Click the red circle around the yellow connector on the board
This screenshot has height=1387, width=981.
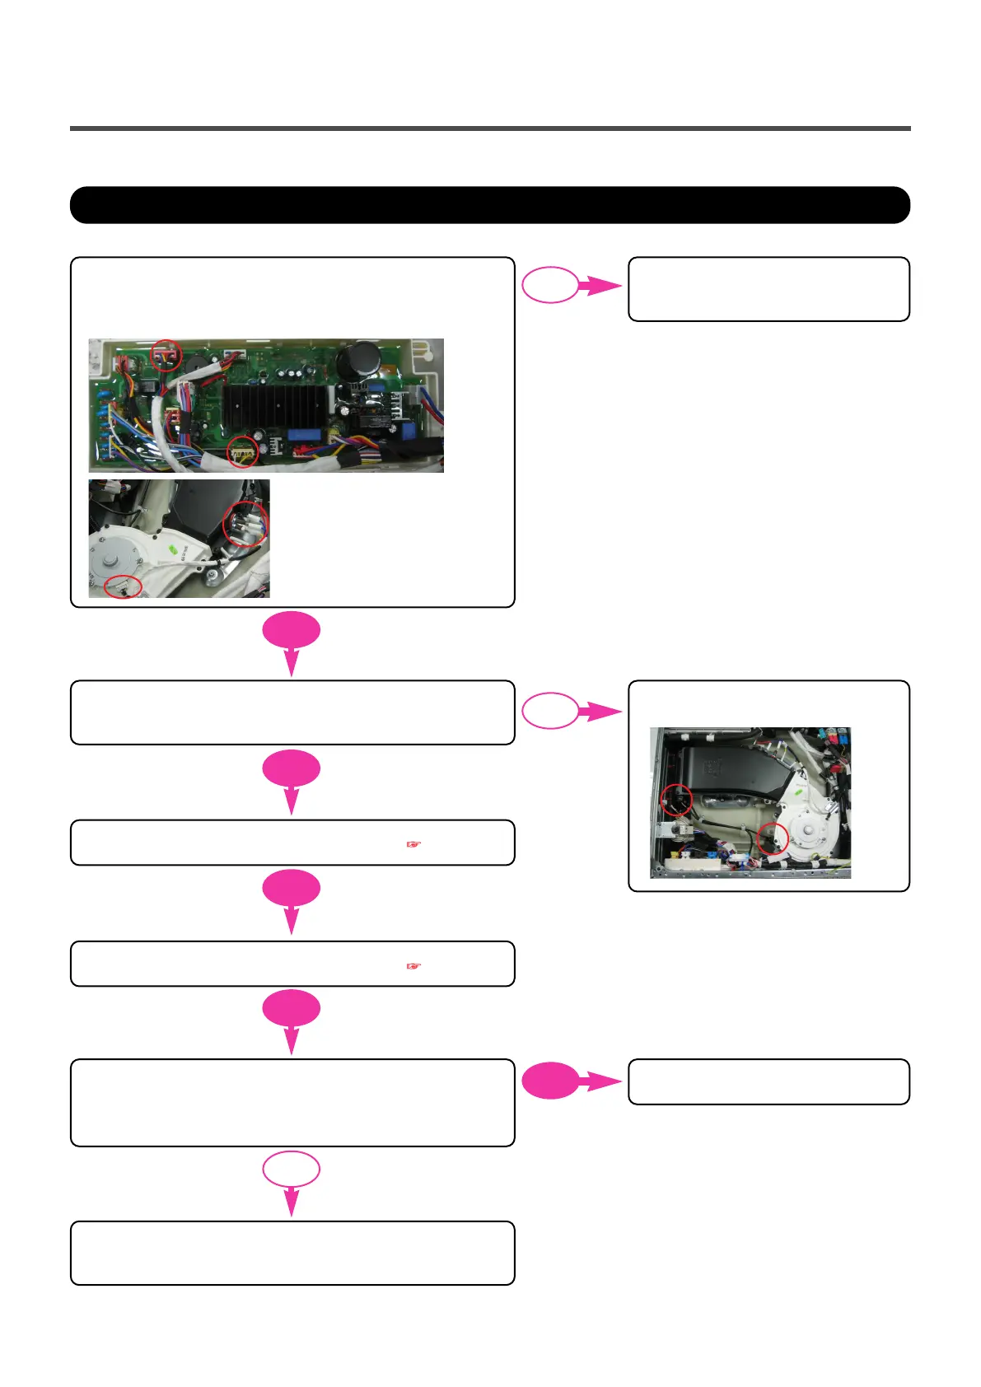(x=242, y=452)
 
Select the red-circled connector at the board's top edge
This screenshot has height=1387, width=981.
(x=167, y=355)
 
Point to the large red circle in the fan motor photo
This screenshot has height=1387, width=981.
(x=245, y=524)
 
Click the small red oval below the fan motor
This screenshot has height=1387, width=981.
(x=123, y=586)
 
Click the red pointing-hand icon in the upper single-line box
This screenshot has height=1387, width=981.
(x=413, y=844)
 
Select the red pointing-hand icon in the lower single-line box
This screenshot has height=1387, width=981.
(x=413, y=965)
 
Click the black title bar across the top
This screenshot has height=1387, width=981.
(x=489, y=205)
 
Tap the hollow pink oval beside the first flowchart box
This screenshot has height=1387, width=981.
(x=550, y=285)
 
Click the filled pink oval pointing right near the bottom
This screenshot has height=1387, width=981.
(x=550, y=1081)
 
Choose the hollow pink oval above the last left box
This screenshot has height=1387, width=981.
(x=292, y=1169)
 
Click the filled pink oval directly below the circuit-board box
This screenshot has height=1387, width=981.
(x=292, y=631)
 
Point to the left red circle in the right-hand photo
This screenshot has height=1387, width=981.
(x=676, y=799)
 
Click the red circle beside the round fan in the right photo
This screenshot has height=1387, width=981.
(x=773, y=838)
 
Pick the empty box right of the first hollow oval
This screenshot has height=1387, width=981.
(x=768, y=288)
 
